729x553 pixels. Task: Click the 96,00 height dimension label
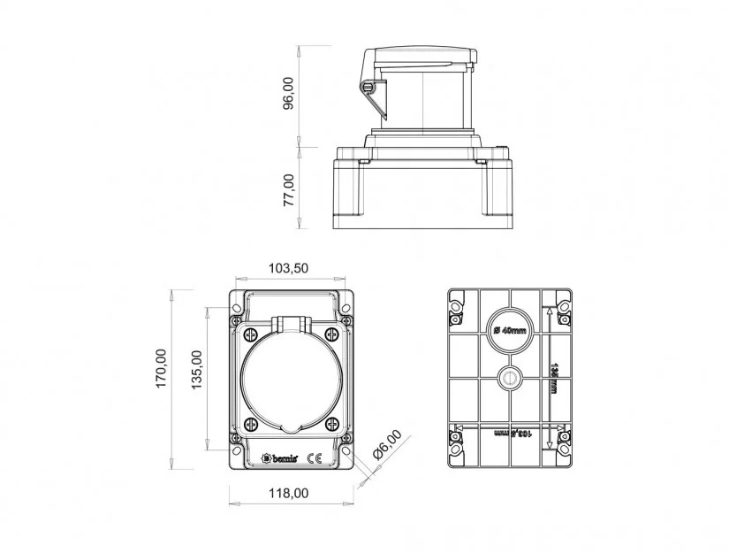pyautogui.click(x=288, y=95)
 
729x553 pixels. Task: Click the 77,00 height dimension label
pyautogui.click(x=288, y=189)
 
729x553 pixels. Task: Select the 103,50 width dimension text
pyautogui.click(x=289, y=268)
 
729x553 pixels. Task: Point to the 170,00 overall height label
pyautogui.click(x=161, y=380)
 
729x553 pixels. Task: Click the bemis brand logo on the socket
pyautogui.click(x=280, y=458)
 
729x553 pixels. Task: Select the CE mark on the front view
pyautogui.click(x=313, y=458)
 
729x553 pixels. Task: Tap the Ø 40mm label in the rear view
pyautogui.click(x=510, y=330)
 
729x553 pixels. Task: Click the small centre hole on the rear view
pyautogui.click(x=510, y=378)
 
